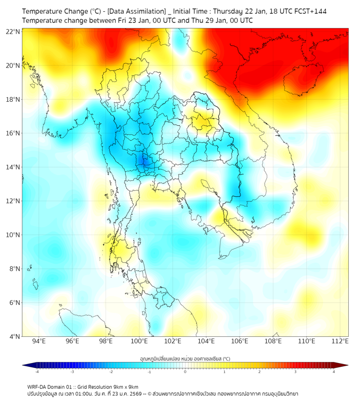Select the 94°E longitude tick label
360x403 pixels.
tap(39, 341)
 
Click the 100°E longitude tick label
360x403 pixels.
tap(140, 341)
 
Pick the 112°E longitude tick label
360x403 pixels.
tap(340, 341)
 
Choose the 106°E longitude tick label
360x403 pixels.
tap(240, 341)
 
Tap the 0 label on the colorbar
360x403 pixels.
tap(185, 372)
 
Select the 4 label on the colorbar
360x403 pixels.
tap(334, 372)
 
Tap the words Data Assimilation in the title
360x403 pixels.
tap(135, 11)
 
